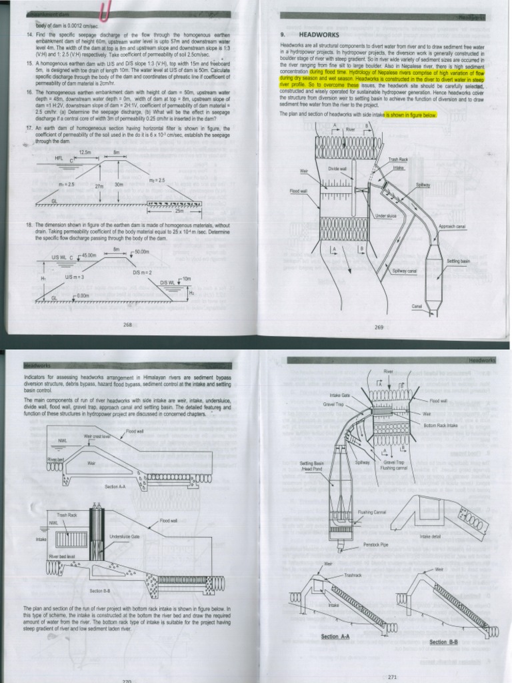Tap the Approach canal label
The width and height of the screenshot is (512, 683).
(451, 227)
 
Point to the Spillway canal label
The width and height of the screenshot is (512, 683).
(404, 271)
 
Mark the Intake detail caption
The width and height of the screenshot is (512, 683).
(430, 536)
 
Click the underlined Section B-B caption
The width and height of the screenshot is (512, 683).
(443, 642)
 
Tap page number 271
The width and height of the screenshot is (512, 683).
(392, 677)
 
